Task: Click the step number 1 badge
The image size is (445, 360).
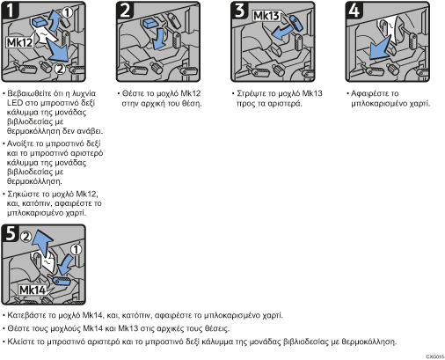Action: click(x=10, y=11)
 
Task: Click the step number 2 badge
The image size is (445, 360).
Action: click(x=125, y=11)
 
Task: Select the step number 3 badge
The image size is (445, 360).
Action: click(x=239, y=11)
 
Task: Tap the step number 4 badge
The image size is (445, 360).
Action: click(x=354, y=11)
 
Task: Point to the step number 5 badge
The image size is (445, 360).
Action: click(x=11, y=234)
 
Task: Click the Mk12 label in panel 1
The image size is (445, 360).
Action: click(x=19, y=43)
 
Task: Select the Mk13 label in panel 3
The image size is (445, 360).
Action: click(x=266, y=16)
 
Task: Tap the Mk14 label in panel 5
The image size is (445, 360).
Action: click(x=33, y=290)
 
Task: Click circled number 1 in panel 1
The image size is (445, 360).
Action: click(x=67, y=12)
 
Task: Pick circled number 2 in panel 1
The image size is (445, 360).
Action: click(x=60, y=70)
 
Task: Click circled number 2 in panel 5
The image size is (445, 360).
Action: click(x=26, y=237)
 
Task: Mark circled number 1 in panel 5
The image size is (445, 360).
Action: click(x=76, y=250)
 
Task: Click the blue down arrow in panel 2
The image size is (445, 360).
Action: click(x=159, y=39)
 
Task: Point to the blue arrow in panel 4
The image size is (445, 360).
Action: click(x=379, y=48)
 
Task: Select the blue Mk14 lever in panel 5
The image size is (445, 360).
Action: click(x=62, y=281)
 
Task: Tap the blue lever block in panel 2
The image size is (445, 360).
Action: click(x=150, y=23)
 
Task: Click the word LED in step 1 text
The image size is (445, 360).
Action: click(x=14, y=103)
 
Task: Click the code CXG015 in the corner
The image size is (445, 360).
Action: click(x=435, y=356)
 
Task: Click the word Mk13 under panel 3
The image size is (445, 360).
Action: click(x=312, y=93)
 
